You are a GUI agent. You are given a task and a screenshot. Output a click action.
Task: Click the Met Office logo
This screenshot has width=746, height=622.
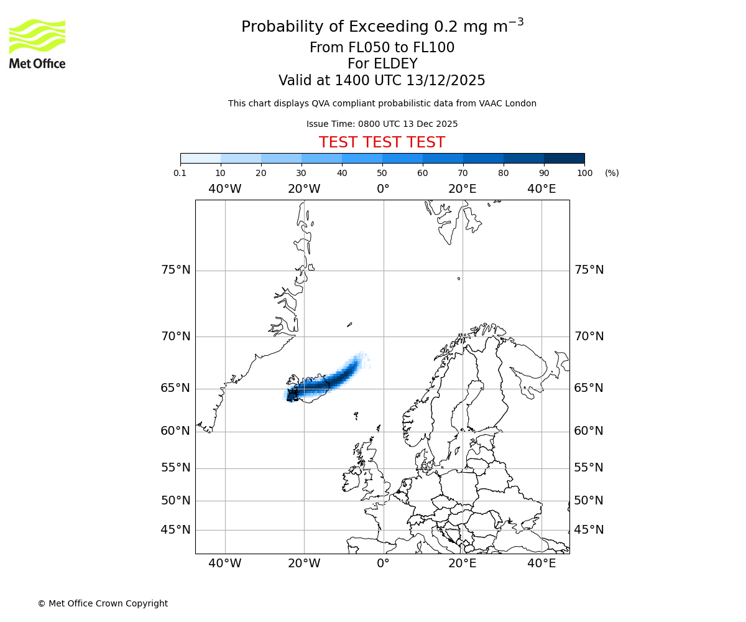[x=37, y=44]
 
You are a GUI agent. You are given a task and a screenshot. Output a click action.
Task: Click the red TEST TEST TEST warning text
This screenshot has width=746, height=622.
[x=382, y=142]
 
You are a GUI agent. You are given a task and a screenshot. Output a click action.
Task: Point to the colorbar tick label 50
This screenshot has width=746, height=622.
[x=382, y=173]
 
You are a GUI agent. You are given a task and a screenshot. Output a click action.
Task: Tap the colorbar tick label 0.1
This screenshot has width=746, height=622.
[x=180, y=173]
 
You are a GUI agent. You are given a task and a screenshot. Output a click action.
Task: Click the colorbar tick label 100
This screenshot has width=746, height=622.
[x=584, y=173]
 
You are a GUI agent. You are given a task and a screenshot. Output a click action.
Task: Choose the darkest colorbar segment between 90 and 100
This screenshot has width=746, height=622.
[x=564, y=158]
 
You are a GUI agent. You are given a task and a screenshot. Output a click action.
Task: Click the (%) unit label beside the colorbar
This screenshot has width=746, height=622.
[x=612, y=173]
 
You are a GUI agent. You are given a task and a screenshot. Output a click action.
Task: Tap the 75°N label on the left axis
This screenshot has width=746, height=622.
[x=176, y=270]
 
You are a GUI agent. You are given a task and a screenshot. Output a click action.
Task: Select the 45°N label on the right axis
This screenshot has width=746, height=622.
[x=589, y=530]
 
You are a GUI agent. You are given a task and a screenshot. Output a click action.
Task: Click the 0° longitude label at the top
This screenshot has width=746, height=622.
[x=383, y=189]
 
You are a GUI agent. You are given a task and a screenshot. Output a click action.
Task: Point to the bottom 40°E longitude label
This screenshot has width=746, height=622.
[x=541, y=564]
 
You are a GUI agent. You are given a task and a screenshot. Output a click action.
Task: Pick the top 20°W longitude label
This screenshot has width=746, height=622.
[x=304, y=189]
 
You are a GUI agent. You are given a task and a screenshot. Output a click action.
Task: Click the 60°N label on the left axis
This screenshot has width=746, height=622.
[x=176, y=431]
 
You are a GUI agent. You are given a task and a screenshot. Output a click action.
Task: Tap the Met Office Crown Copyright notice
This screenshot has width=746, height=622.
[x=103, y=603]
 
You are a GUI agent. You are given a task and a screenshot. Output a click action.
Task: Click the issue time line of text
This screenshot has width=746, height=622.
[x=382, y=124]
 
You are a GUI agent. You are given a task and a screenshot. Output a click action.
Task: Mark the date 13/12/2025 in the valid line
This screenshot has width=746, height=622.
[x=446, y=81]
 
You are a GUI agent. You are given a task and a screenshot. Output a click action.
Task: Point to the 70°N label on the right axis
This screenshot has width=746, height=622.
[x=589, y=337]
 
